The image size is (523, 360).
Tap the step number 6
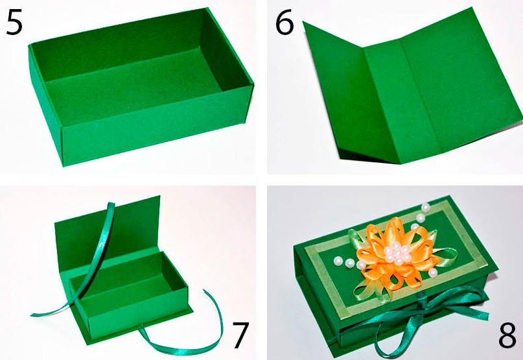[285, 23]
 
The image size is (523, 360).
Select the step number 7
[240, 335]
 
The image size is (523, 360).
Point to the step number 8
[507, 335]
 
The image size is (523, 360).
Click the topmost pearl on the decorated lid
[425, 208]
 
